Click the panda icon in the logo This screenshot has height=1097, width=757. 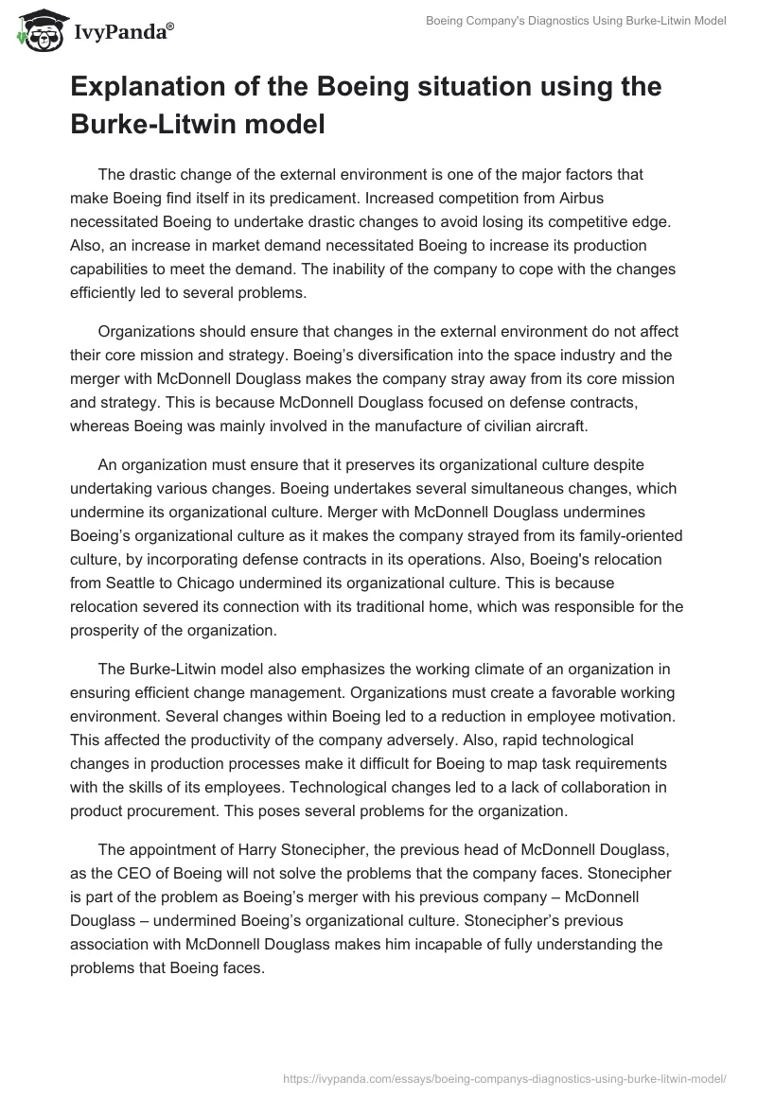tap(35, 30)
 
